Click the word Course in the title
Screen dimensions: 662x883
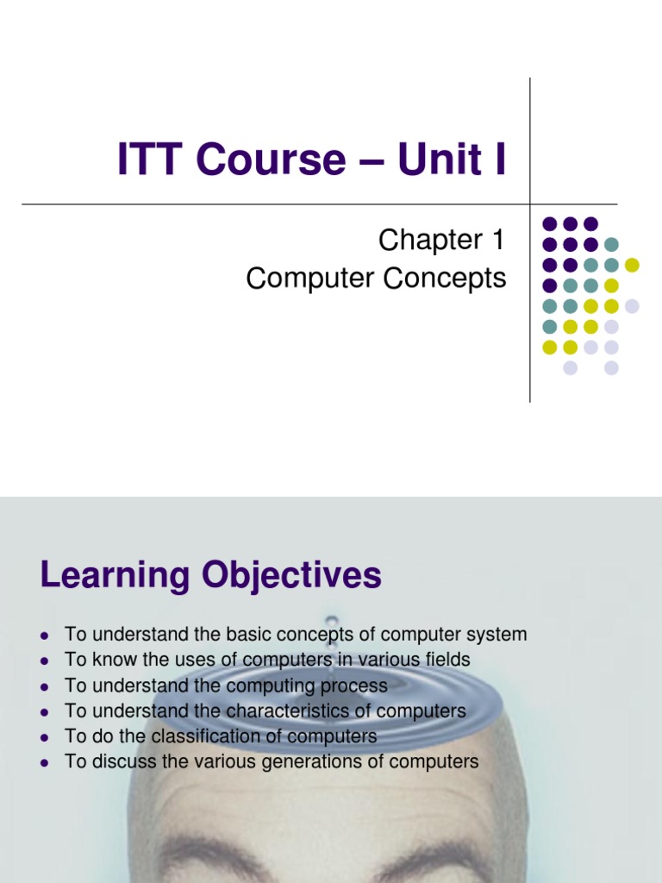click(x=271, y=159)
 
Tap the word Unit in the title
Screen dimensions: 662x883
click(x=440, y=159)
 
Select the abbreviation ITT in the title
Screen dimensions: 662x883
click(x=150, y=159)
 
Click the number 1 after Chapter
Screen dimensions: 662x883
click(x=498, y=240)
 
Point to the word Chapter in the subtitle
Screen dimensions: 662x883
click(x=431, y=240)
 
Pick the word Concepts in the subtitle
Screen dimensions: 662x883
click(x=445, y=279)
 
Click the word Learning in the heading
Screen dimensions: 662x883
click(x=115, y=576)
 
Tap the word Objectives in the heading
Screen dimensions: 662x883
click(x=291, y=576)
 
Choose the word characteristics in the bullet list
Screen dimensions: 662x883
click(x=287, y=711)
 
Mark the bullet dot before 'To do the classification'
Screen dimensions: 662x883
click(x=45, y=738)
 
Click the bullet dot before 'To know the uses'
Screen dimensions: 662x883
click(x=45, y=661)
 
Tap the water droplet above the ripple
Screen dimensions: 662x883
click(x=332, y=622)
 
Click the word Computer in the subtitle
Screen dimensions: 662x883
click(x=310, y=279)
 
